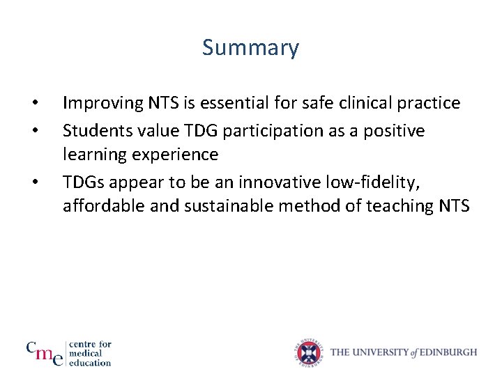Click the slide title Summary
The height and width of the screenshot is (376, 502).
click(x=250, y=48)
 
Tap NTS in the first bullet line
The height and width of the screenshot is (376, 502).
click(x=161, y=104)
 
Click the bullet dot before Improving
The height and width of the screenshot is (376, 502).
click(x=34, y=105)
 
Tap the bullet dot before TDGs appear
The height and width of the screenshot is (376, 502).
click(x=34, y=183)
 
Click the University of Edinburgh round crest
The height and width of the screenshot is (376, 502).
click(x=310, y=352)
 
